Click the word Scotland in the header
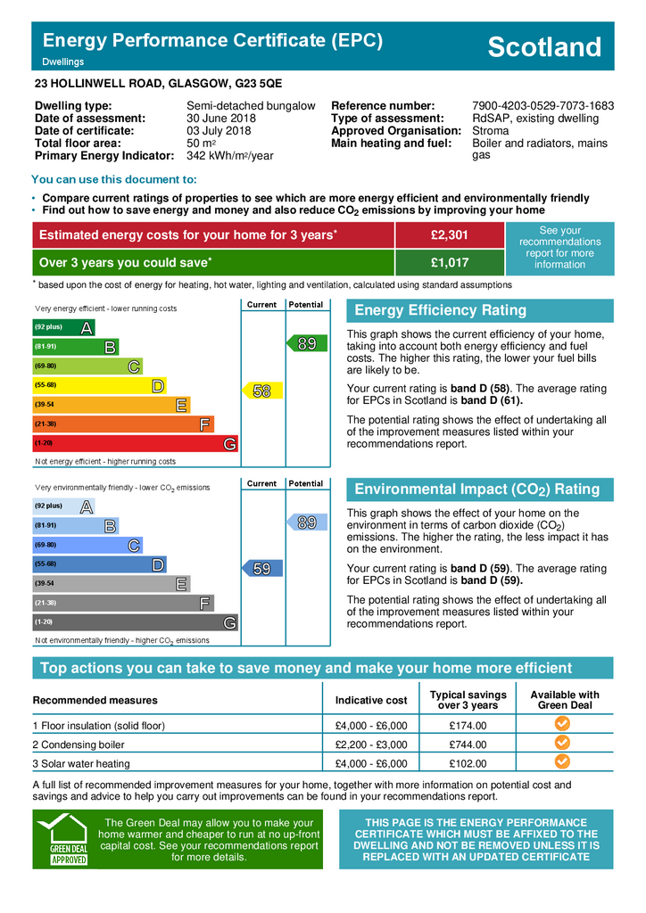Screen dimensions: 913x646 (x=544, y=47)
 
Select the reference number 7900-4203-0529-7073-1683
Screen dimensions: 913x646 (x=542, y=106)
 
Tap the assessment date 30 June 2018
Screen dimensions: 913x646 (x=220, y=119)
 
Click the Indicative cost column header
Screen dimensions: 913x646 (x=371, y=701)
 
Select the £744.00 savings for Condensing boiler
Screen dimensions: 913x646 (x=468, y=744)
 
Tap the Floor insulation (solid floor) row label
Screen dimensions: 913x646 (x=99, y=726)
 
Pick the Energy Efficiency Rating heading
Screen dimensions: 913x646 (x=441, y=310)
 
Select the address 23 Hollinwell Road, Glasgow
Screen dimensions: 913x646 (x=158, y=83)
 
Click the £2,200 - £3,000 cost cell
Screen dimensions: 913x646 (x=371, y=744)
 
